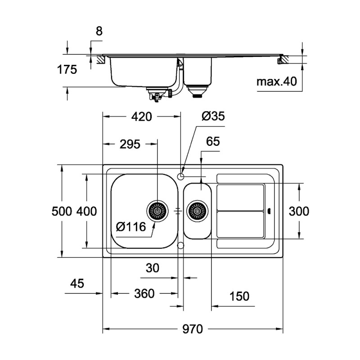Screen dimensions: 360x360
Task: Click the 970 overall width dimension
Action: pos(193,329)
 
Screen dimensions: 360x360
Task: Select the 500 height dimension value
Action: pos(62,211)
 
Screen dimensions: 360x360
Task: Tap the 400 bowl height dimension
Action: pos(86,211)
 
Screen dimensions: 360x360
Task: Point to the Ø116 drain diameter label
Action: pos(130,227)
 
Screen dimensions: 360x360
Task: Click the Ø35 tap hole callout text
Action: pos(213,117)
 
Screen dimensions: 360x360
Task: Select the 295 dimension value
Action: pos(130,144)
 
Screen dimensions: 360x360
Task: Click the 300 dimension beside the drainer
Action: pos(298,211)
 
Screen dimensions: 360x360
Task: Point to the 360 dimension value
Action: pos(144,294)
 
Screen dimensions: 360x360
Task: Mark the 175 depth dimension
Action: pos(67,70)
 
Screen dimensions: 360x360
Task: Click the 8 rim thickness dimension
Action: pos(99,31)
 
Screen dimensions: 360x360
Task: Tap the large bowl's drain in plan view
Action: pos(157,211)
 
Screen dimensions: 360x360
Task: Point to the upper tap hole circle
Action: pos(181,176)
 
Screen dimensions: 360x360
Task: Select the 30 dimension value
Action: pos(153,268)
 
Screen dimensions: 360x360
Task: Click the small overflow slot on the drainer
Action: pos(269,211)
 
